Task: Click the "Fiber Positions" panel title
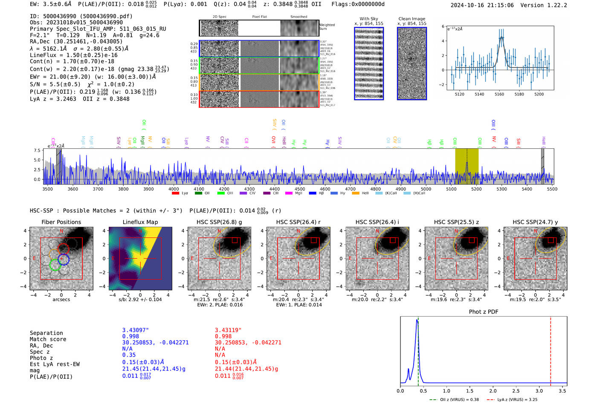(61, 222)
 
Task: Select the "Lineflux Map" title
(140, 222)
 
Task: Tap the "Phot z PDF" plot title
(484, 312)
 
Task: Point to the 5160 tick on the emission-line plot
(499, 94)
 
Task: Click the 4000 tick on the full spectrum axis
(174, 189)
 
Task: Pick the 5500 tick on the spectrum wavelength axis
(552, 189)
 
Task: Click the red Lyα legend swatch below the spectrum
(175, 193)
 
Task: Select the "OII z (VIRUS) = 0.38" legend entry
(454, 400)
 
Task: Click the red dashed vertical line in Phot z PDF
(551, 349)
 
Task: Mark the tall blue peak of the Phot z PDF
(417, 322)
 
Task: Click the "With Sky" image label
(369, 19)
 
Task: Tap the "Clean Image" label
(412, 19)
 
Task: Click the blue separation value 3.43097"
(136, 330)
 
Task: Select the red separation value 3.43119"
(228, 330)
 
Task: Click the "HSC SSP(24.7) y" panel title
(535, 222)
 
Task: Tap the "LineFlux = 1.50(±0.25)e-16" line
(74, 55)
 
